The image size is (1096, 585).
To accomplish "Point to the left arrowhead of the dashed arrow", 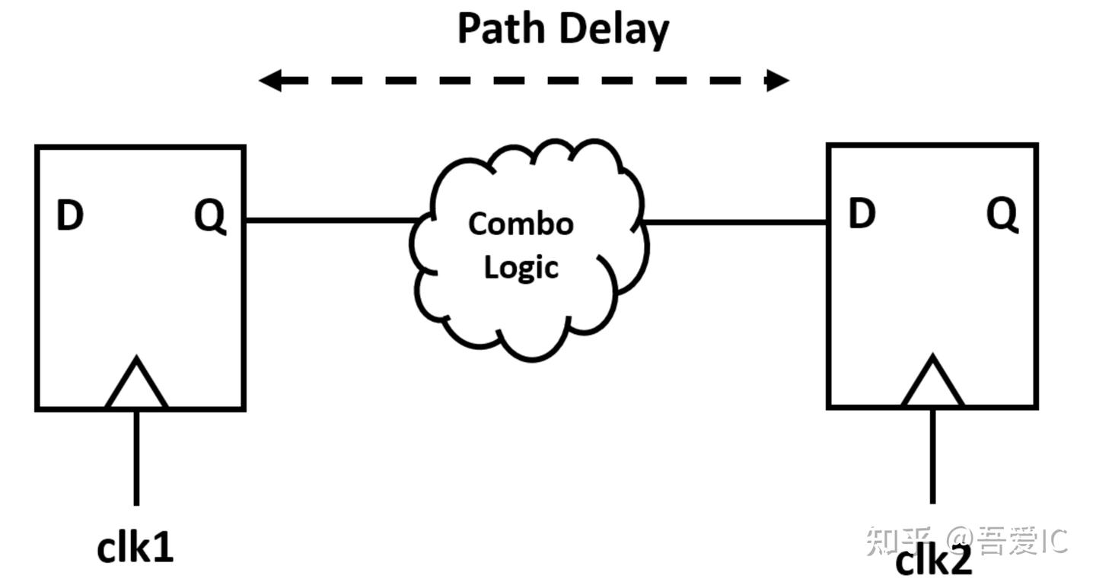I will pyautogui.click(x=270, y=80).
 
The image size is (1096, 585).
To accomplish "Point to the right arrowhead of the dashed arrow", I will pyautogui.click(x=778, y=80).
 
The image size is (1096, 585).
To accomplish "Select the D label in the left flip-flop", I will pyautogui.click(x=70, y=218).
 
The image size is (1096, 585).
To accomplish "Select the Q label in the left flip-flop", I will pyautogui.click(x=210, y=218).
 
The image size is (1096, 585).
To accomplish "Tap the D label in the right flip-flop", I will pyautogui.click(x=862, y=215).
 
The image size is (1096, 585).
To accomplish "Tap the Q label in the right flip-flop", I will pyautogui.click(x=1002, y=215).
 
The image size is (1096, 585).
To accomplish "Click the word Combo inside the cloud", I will pyautogui.click(x=521, y=224).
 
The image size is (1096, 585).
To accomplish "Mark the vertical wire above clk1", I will pyautogui.click(x=136, y=456).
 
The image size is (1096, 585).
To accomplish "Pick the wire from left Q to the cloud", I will pyautogui.click(x=331, y=221).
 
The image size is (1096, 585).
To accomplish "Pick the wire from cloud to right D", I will pyautogui.click(x=735, y=223).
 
